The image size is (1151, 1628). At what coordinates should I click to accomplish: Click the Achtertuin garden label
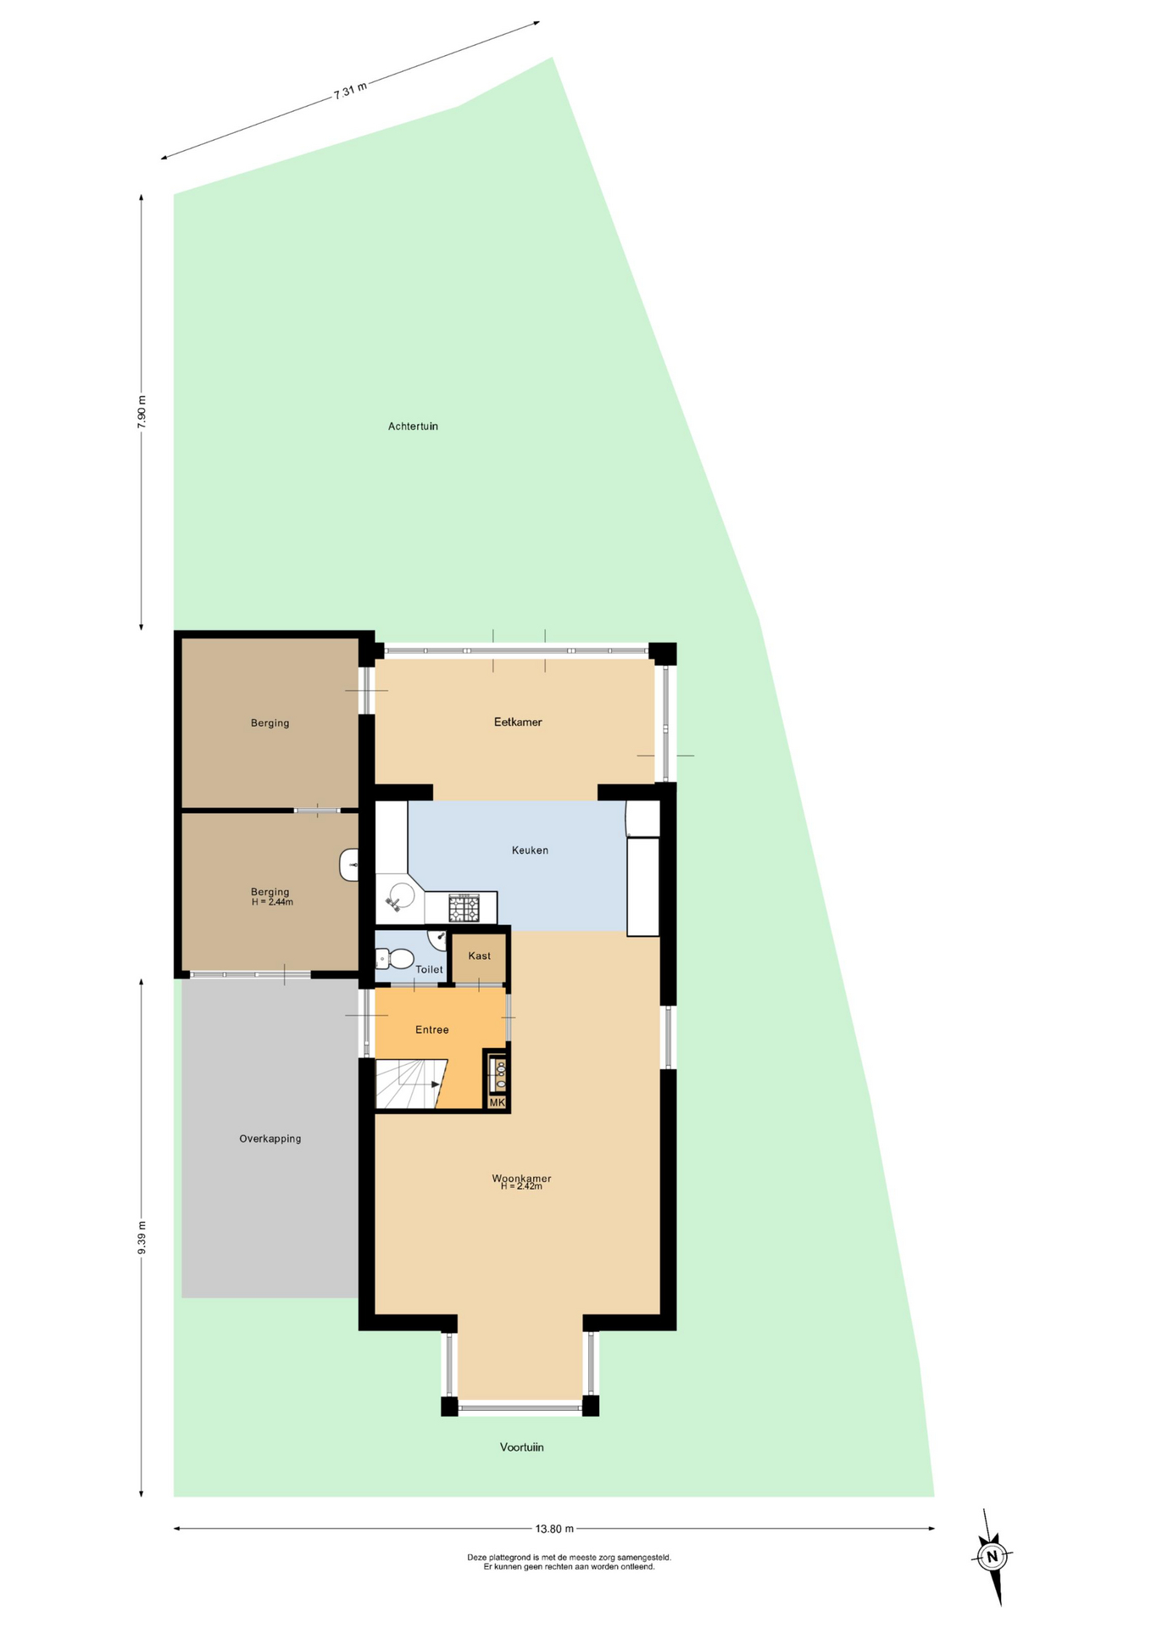(413, 427)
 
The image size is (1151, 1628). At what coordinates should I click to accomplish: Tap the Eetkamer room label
(518, 722)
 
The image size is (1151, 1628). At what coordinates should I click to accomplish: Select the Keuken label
(530, 850)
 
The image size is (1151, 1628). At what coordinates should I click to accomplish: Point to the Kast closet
(479, 956)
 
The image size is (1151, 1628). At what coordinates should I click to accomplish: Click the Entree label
(431, 1030)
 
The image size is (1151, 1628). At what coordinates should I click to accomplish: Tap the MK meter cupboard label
(497, 1102)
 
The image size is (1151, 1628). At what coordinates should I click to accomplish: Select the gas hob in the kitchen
(464, 908)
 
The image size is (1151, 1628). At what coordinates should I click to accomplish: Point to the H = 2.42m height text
(521, 1186)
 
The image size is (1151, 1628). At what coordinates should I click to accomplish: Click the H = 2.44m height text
(272, 902)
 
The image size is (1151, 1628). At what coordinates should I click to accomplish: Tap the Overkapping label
(270, 1139)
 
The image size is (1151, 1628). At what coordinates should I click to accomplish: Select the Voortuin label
(521, 1447)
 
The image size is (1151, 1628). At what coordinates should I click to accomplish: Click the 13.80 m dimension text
(554, 1529)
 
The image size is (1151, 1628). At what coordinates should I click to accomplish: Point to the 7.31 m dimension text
(350, 91)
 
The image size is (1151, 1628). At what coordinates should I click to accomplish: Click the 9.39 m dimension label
(142, 1238)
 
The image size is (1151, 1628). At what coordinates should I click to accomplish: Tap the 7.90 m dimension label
(142, 412)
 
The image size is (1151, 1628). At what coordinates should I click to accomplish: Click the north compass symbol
(992, 1557)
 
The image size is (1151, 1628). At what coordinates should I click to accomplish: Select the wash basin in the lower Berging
(348, 865)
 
